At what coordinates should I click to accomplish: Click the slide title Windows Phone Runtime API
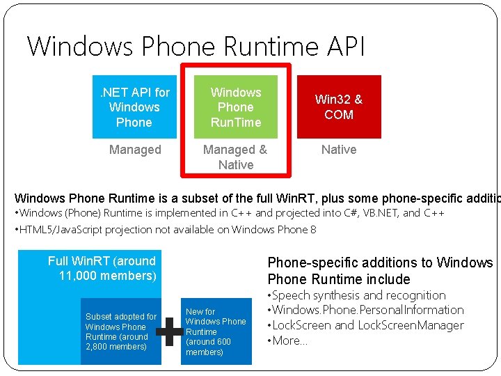coord(196,47)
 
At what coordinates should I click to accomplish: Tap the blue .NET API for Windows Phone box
coord(134,107)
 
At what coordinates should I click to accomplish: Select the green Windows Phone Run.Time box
coord(236,107)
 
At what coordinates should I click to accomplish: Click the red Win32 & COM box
coord(339,107)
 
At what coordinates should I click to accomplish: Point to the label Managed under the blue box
coord(135,150)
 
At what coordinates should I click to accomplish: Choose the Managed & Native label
coord(235,157)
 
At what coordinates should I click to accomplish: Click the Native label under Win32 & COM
coord(339,150)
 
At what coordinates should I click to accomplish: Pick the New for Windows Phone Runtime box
coord(216,331)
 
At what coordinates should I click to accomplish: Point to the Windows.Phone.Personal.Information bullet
coord(366,310)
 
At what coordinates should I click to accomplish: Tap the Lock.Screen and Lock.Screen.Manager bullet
coord(366,325)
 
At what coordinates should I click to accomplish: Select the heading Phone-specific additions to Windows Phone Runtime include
coord(380,271)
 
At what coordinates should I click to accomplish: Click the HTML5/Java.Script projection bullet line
coord(166,229)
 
